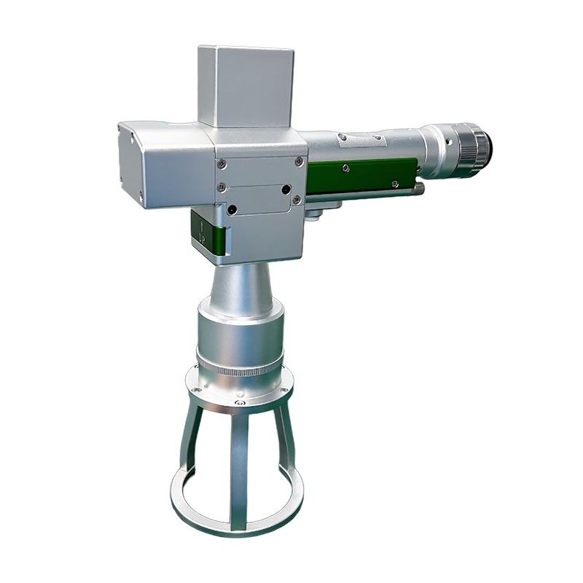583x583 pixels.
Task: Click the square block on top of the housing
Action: (x=246, y=86)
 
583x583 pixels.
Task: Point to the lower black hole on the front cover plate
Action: (x=232, y=210)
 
